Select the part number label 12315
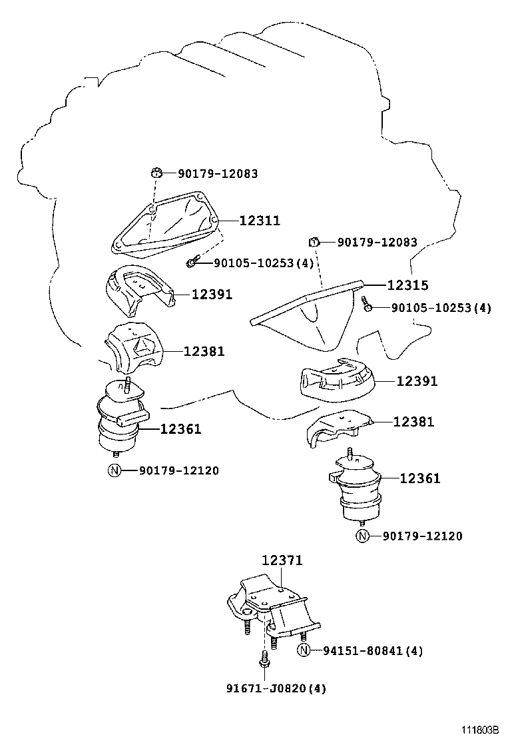pyautogui.click(x=407, y=285)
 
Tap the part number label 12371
pyautogui.click(x=282, y=561)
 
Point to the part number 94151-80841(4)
pyautogui.click(x=373, y=650)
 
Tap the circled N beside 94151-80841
pyautogui.click(x=304, y=650)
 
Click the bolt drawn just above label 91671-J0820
pyautogui.click(x=263, y=664)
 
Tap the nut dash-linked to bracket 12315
pyautogui.click(x=315, y=241)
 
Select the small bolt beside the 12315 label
pyautogui.click(x=367, y=305)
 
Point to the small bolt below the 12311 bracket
pyautogui.click(x=192, y=263)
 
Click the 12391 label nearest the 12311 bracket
pyautogui.click(x=212, y=294)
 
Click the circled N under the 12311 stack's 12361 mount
pyautogui.click(x=114, y=470)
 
